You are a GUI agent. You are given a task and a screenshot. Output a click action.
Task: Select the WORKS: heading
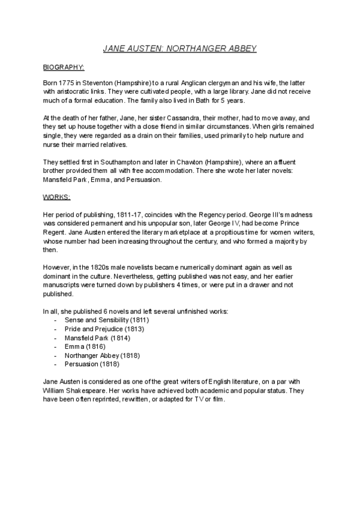pyautogui.click(x=58, y=196)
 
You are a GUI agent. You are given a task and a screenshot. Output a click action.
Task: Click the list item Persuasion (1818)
pyautogui.click(x=92, y=363)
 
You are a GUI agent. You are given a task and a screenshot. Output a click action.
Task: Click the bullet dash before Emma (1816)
pyautogui.click(x=56, y=346)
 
